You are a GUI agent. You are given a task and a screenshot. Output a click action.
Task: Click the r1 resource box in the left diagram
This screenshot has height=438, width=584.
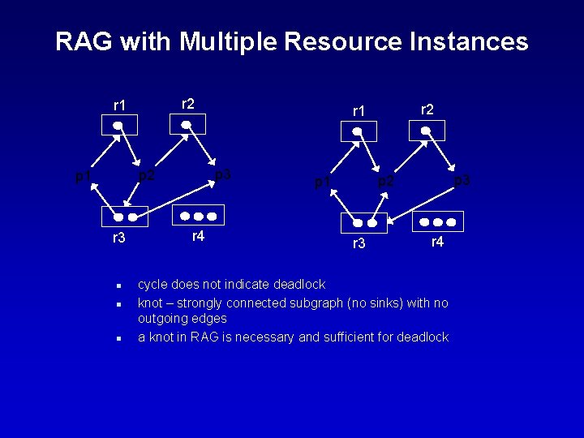pyautogui.click(x=118, y=125)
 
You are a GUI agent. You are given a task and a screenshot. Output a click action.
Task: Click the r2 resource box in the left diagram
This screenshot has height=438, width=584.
pyautogui.click(x=187, y=124)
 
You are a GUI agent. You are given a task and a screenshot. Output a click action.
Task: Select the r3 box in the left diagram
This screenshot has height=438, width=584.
pyautogui.click(x=125, y=217)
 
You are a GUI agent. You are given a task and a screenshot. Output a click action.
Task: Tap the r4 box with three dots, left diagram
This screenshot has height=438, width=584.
pyautogui.click(x=198, y=216)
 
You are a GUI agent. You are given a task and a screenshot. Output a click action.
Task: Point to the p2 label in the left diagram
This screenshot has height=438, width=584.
pyautogui.click(x=146, y=174)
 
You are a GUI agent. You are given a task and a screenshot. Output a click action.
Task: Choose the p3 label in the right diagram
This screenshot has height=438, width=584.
pyautogui.click(x=462, y=180)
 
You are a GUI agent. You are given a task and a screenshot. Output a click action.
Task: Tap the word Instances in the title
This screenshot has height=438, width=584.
pyautogui.click(x=466, y=41)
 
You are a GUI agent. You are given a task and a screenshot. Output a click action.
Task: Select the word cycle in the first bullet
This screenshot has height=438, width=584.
pyautogui.click(x=153, y=285)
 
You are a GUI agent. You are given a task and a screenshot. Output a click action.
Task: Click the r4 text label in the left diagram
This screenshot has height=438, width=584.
pyautogui.click(x=197, y=236)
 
